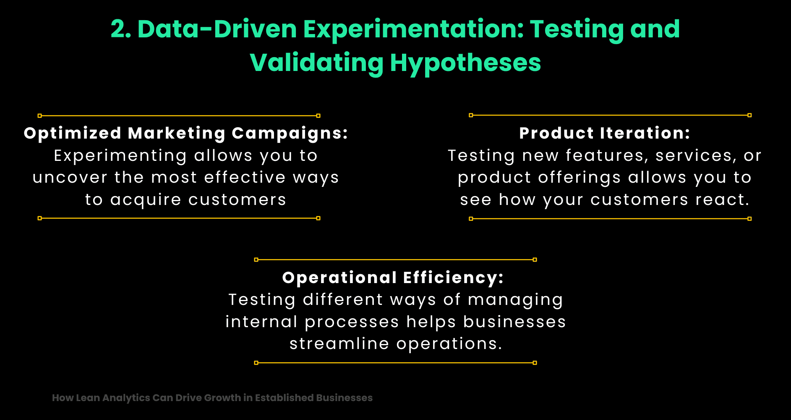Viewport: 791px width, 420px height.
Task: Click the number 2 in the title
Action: [118, 29]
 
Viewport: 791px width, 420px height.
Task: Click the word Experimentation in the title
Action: [413, 29]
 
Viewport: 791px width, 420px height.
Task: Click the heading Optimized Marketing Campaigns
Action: [186, 133]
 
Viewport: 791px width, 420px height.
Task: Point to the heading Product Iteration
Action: [605, 133]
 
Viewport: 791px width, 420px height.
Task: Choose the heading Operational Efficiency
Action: [393, 278]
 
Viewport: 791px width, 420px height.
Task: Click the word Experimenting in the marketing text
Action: [120, 156]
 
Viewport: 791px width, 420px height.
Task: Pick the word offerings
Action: [579, 178]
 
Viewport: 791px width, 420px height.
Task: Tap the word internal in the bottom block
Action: [261, 322]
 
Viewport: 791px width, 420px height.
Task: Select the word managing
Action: [515, 300]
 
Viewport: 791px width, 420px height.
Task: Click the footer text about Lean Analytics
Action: [212, 398]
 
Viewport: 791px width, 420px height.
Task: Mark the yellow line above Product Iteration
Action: [610, 115]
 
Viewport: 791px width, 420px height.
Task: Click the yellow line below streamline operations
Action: [395, 362]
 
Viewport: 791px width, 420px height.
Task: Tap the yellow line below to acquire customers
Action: [179, 218]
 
